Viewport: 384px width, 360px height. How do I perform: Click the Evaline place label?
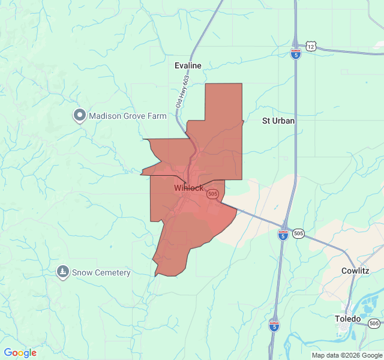[188, 65]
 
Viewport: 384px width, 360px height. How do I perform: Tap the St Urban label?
[278, 121]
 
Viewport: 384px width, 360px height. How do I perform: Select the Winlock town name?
[188, 188]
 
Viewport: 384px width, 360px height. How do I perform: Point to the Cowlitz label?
[355, 271]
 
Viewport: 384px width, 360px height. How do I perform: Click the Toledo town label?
[348, 319]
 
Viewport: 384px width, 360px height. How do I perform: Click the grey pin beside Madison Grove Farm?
[79, 115]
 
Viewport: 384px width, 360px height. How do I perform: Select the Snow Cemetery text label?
[101, 272]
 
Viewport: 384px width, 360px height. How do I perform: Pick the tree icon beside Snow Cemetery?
[62, 272]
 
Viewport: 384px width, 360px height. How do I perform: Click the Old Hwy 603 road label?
[182, 91]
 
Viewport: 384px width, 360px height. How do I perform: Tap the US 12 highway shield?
[310, 46]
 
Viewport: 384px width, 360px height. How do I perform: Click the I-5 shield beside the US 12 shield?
[296, 53]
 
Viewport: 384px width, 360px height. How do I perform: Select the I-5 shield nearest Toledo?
[274, 326]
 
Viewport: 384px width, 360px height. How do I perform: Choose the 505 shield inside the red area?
[212, 194]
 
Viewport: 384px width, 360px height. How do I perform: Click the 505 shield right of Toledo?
[374, 323]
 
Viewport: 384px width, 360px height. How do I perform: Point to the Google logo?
[20, 353]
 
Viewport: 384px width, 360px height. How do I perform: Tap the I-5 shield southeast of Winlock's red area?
[283, 235]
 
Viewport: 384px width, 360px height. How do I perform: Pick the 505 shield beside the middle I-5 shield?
[299, 233]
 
